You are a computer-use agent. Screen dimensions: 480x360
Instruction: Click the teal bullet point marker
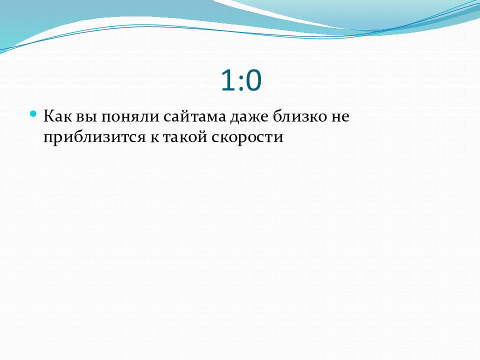click(x=33, y=114)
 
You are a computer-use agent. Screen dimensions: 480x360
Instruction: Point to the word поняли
click(x=130, y=117)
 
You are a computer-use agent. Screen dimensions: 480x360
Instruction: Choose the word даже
click(x=249, y=118)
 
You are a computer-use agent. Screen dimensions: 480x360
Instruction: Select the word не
click(x=340, y=117)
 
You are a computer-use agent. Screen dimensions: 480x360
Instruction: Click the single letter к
click(x=154, y=138)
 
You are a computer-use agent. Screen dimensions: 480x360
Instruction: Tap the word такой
click(x=184, y=136)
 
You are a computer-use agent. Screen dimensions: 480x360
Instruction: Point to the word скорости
click(x=247, y=138)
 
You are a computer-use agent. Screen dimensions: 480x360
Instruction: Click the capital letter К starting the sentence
click(x=49, y=116)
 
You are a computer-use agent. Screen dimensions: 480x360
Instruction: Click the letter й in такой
click(x=201, y=136)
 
